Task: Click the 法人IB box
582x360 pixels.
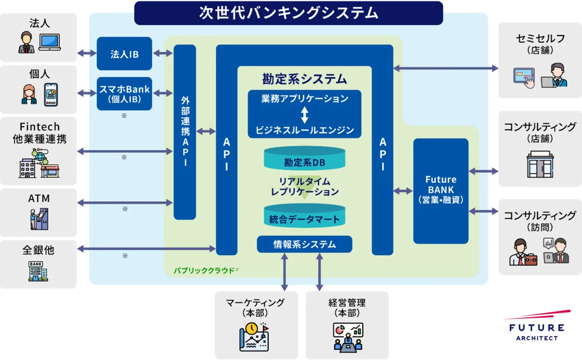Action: (x=124, y=54)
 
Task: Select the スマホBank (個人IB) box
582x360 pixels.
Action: (x=124, y=94)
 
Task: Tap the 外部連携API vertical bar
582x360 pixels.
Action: (x=185, y=132)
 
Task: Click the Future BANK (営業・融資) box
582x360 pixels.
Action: (x=440, y=191)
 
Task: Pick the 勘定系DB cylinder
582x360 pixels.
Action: (x=304, y=162)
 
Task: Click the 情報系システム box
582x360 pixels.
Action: (x=304, y=244)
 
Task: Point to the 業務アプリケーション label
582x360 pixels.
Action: (x=305, y=99)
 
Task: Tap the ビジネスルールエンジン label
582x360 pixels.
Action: (x=305, y=130)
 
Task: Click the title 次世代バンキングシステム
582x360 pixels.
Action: (x=288, y=13)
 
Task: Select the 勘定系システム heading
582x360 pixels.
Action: (x=305, y=78)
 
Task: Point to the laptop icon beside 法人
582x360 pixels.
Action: (x=49, y=43)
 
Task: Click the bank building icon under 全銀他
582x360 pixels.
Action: (x=38, y=271)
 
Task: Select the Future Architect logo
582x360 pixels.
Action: (x=535, y=324)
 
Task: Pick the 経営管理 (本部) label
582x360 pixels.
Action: (x=347, y=308)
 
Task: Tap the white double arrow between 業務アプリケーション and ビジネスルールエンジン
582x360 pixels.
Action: (x=305, y=115)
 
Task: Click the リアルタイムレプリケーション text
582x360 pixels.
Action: (x=305, y=187)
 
